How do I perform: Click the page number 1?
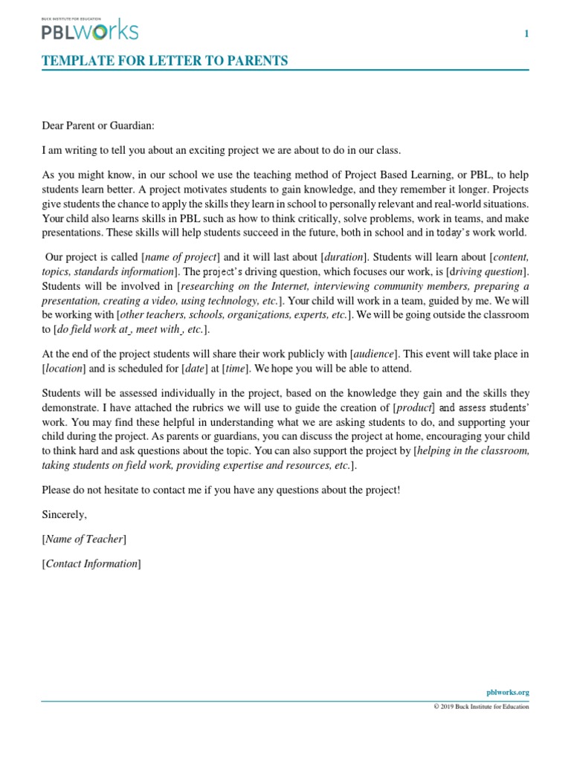tap(526, 33)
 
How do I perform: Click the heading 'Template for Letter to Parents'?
tap(164, 61)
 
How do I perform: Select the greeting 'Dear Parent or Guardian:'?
tap(98, 126)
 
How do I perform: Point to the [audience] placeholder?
tap(375, 354)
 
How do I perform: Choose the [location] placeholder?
tap(65, 368)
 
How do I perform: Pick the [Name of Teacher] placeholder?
tap(84, 539)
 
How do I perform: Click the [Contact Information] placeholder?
tap(91, 563)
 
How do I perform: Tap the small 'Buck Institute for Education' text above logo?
tap(70, 16)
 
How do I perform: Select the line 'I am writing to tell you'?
tap(221, 150)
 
